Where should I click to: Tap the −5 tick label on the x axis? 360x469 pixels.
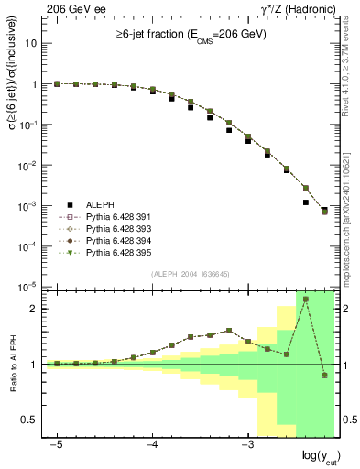(57, 443)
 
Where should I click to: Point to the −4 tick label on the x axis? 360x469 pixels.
(152, 443)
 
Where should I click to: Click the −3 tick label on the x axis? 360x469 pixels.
(247, 443)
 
